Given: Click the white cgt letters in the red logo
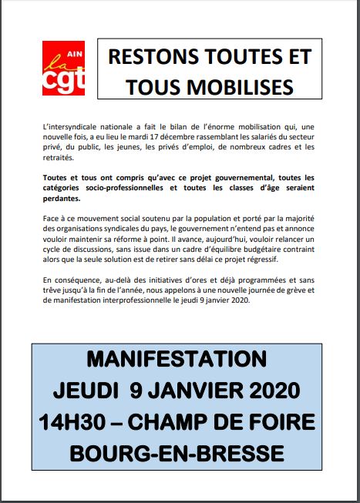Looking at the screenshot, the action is (64, 80).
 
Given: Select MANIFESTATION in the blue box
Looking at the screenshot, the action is (177, 360).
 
